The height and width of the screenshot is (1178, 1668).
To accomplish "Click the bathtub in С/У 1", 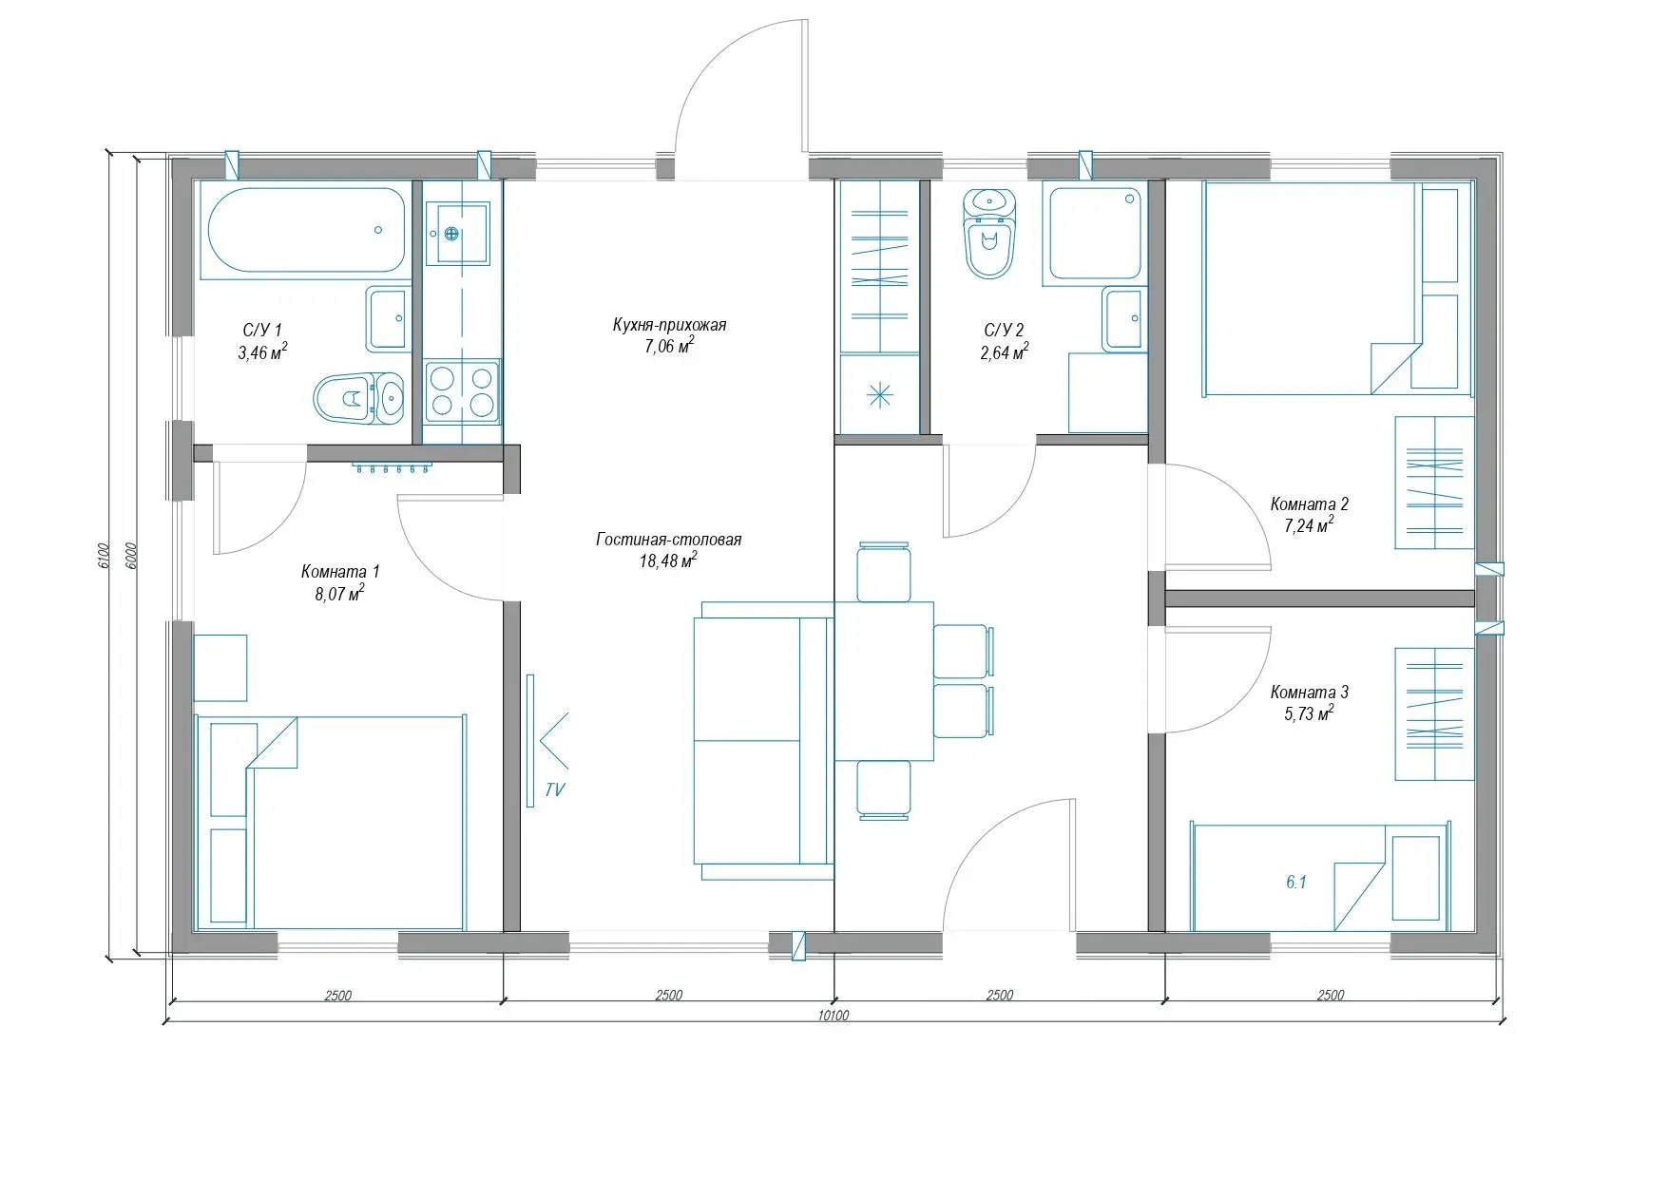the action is tap(304, 231).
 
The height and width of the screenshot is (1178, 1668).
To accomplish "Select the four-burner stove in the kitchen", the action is tap(462, 391).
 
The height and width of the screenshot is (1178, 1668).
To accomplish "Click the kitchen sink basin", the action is tap(456, 233).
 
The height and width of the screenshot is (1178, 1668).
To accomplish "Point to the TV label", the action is tap(555, 789).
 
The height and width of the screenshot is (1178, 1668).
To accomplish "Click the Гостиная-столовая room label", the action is tap(669, 540).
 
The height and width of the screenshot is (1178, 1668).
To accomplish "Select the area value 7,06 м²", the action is tap(669, 345).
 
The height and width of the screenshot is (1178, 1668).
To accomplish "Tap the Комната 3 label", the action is tap(1309, 693).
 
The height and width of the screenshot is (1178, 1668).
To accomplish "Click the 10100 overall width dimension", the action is tap(834, 1015).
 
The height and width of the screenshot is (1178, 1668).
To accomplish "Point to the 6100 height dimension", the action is tap(104, 555).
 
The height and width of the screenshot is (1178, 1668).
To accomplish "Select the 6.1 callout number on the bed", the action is tap(1296, 883).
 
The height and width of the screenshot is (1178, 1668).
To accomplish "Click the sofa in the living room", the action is tap(763, 741).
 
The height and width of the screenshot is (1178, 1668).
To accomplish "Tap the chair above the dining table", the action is tap(884, 572).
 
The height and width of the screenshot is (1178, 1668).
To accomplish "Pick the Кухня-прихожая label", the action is tap(669, 325).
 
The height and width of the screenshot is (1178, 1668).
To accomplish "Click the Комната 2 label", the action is tap(1309, 504).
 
